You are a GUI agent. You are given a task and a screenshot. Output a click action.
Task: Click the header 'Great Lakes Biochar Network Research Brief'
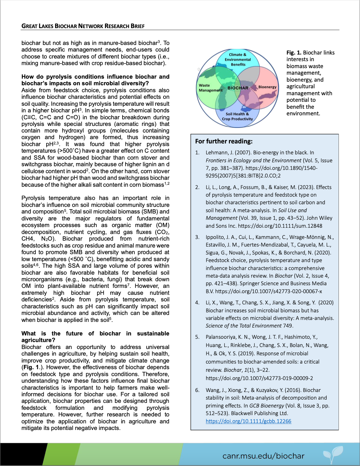83,26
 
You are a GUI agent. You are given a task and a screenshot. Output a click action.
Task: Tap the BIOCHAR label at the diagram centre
238,88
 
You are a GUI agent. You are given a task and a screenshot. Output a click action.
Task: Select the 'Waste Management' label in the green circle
210,88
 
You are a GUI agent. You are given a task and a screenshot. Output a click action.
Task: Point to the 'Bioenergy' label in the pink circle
267,87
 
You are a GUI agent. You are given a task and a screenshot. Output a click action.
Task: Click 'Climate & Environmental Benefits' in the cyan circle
238,59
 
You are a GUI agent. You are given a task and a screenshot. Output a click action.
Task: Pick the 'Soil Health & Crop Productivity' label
237,116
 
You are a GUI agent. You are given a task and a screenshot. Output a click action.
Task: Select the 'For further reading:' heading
224,141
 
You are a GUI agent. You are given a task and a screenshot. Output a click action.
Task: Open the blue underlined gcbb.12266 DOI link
248,421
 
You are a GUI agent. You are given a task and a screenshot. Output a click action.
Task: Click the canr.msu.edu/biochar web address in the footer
263,456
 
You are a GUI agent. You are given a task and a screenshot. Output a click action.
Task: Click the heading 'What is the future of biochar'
95,337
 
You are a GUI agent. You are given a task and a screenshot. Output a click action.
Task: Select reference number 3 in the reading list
197,237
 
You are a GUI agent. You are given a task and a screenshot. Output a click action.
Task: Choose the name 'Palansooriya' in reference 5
221,337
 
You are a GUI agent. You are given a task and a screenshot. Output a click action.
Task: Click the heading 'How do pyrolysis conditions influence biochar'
95,80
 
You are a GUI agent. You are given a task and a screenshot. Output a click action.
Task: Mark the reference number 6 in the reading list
197,390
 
